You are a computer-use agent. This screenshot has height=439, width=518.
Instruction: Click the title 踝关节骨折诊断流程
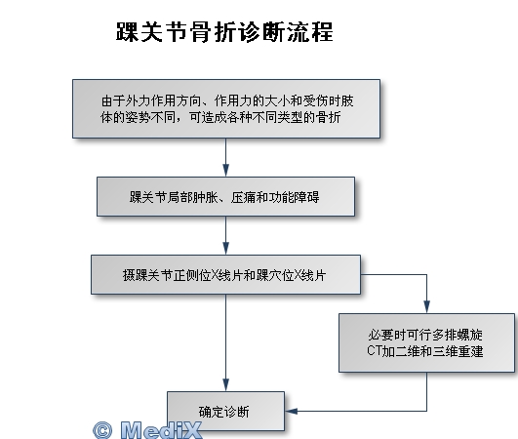pyautogui.click(x=224, y=32)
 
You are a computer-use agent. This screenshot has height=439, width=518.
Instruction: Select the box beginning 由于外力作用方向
pyautogui.click(x=226, y=108)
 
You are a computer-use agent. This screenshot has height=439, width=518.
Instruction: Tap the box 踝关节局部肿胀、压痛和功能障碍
pyautogui.click(x=226, y=197)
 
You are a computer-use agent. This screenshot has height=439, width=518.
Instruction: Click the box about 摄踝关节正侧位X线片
pyautogui.click(x=226, y=274)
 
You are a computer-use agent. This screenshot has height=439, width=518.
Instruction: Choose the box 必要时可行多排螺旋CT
pyautogui.click(x=427, y=342)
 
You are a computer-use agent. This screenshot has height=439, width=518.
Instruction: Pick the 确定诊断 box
pyautogui.click(x=226, y=412)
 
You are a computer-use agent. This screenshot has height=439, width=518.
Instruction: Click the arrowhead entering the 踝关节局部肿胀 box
pyautogui.click(x=226, y=170)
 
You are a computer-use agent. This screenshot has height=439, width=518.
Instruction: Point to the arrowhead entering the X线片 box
pyautogui.click(x=226, y=248)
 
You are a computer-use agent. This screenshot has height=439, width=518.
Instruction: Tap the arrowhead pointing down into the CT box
pyautogui.click(x=427, y=306)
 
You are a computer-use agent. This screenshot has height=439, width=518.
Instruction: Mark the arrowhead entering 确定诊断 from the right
pyautogui.click(x=292, y=412)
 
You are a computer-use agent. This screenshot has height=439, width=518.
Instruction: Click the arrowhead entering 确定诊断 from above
pyautogui.click(x=226, y=384)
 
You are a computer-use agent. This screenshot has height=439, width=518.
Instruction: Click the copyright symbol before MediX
pyautogui.click(x=102, y=430)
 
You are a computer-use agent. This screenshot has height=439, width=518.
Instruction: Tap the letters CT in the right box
pyautogui.click(x=374, y=351)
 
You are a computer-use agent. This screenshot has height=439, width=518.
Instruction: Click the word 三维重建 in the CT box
pyautogui.click(x=458, y=351)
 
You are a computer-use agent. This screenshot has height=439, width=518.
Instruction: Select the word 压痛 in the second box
pyautogui.click(x=244, y=197)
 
